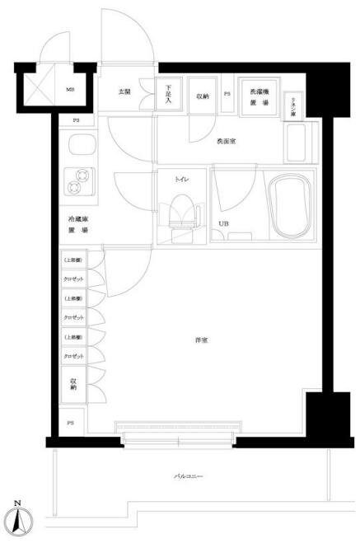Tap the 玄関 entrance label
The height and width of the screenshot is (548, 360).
[x=124, y=91]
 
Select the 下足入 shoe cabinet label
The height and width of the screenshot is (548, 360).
[x=168, y=94]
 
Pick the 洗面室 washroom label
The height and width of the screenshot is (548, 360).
[x=226, y=141]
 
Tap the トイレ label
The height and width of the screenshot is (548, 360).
[x=182, y=178]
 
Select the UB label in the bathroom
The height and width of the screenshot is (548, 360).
[x=223, y=223]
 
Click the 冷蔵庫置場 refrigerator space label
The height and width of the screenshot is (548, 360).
[x=79, y=226]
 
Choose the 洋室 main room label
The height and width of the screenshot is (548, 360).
[x=200, y=340]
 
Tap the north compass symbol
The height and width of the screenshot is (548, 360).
[x=17, y=520]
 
